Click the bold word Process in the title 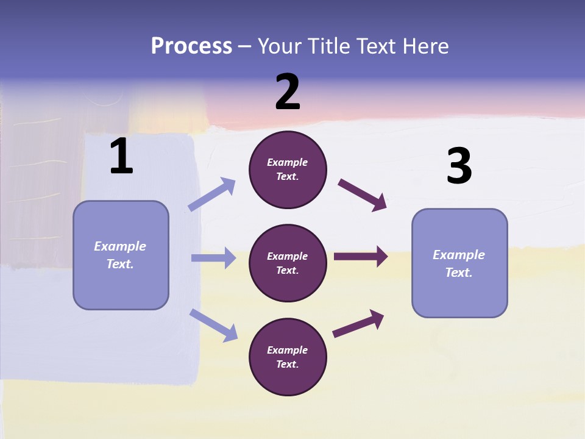click(191, 46)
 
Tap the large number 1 click(121, 157)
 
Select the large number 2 click(288, 92)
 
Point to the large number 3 click(459, 166)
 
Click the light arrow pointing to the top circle click(212, 195)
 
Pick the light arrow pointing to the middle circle click(213, 258)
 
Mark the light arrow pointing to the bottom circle click(213, 324)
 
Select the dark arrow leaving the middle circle click(360, 256)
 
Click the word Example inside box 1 click(120, 246)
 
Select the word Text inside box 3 click(458, 273)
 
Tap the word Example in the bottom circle click(288, 350)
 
